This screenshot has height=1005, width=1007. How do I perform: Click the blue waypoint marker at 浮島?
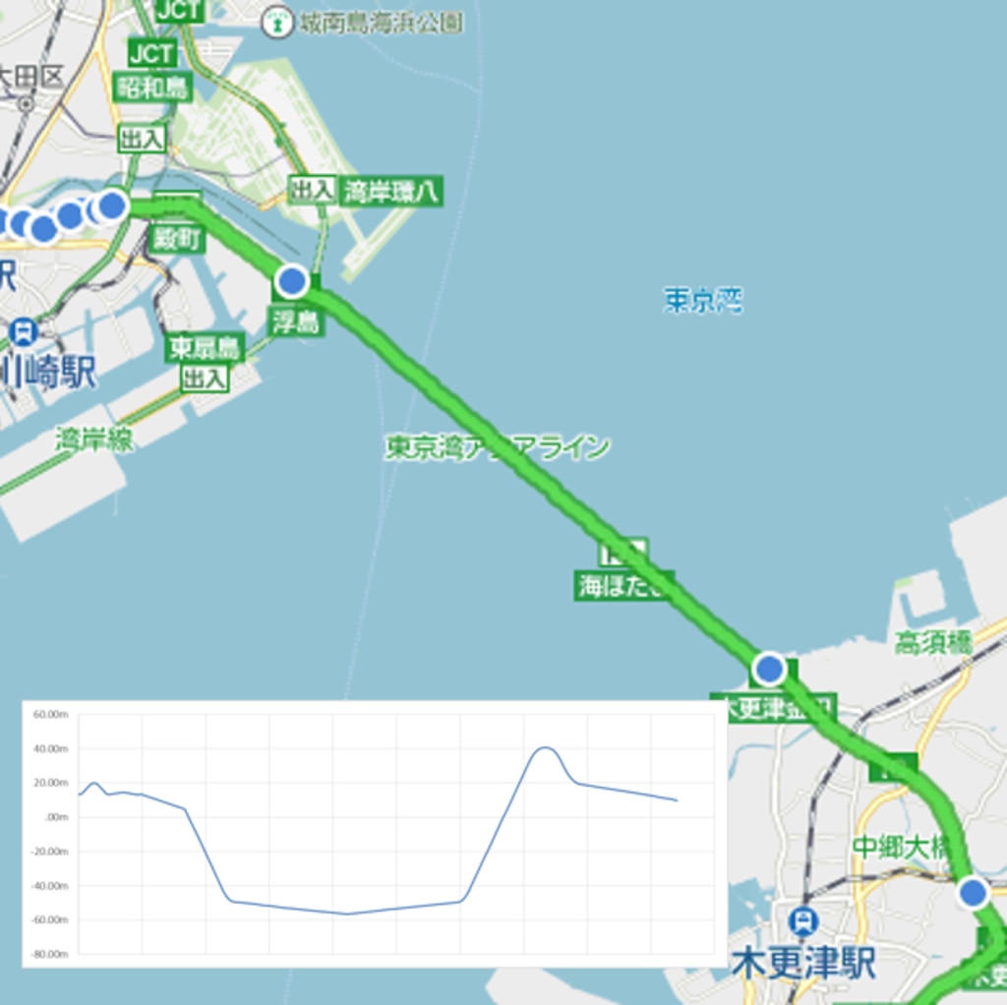click(x=292, y=281)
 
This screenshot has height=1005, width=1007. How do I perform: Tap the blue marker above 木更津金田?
click(x=769, y=670)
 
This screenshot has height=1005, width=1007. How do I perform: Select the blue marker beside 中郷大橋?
click(x=973, y=893)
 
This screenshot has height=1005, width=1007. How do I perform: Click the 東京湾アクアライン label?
click(x=497, y=448)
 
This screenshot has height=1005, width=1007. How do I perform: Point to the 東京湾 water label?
click(x=702, y=300)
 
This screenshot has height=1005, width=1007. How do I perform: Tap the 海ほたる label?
click(x=623, y=586)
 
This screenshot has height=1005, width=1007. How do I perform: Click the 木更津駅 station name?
click(x=803, y=964)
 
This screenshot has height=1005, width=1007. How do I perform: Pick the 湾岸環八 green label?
click(x=390, y=191)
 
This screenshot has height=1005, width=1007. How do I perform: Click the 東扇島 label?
click(x=205, y=349)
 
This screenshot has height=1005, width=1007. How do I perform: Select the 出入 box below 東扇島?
click(x=205, y=378)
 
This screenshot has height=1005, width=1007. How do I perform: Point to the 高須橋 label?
click(x=932, y=644)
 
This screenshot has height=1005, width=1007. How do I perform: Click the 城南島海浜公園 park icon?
click(x=278, y=22)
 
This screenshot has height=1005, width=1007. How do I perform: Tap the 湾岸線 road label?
click(x=94, y=440)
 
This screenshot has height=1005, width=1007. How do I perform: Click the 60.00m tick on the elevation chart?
click(x=50, y=715)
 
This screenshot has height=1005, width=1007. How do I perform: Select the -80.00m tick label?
click(x=49, y=954)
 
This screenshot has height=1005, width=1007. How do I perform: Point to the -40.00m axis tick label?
click(x=49, y=886)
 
